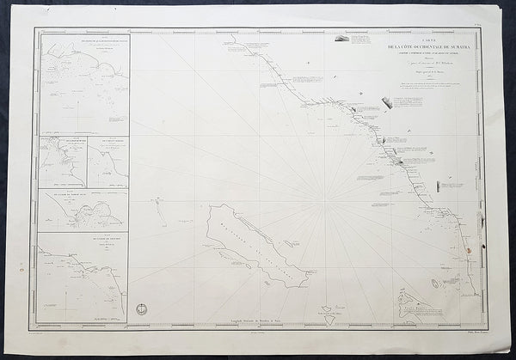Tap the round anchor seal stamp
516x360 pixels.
point(141,308)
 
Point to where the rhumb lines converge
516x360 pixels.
point(328,203)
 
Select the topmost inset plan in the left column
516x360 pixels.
point(83,83)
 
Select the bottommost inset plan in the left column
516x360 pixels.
point(83,277)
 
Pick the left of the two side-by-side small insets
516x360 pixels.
point(63,162)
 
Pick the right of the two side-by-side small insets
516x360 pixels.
point(107,162)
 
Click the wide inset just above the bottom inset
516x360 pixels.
point(83,210)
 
